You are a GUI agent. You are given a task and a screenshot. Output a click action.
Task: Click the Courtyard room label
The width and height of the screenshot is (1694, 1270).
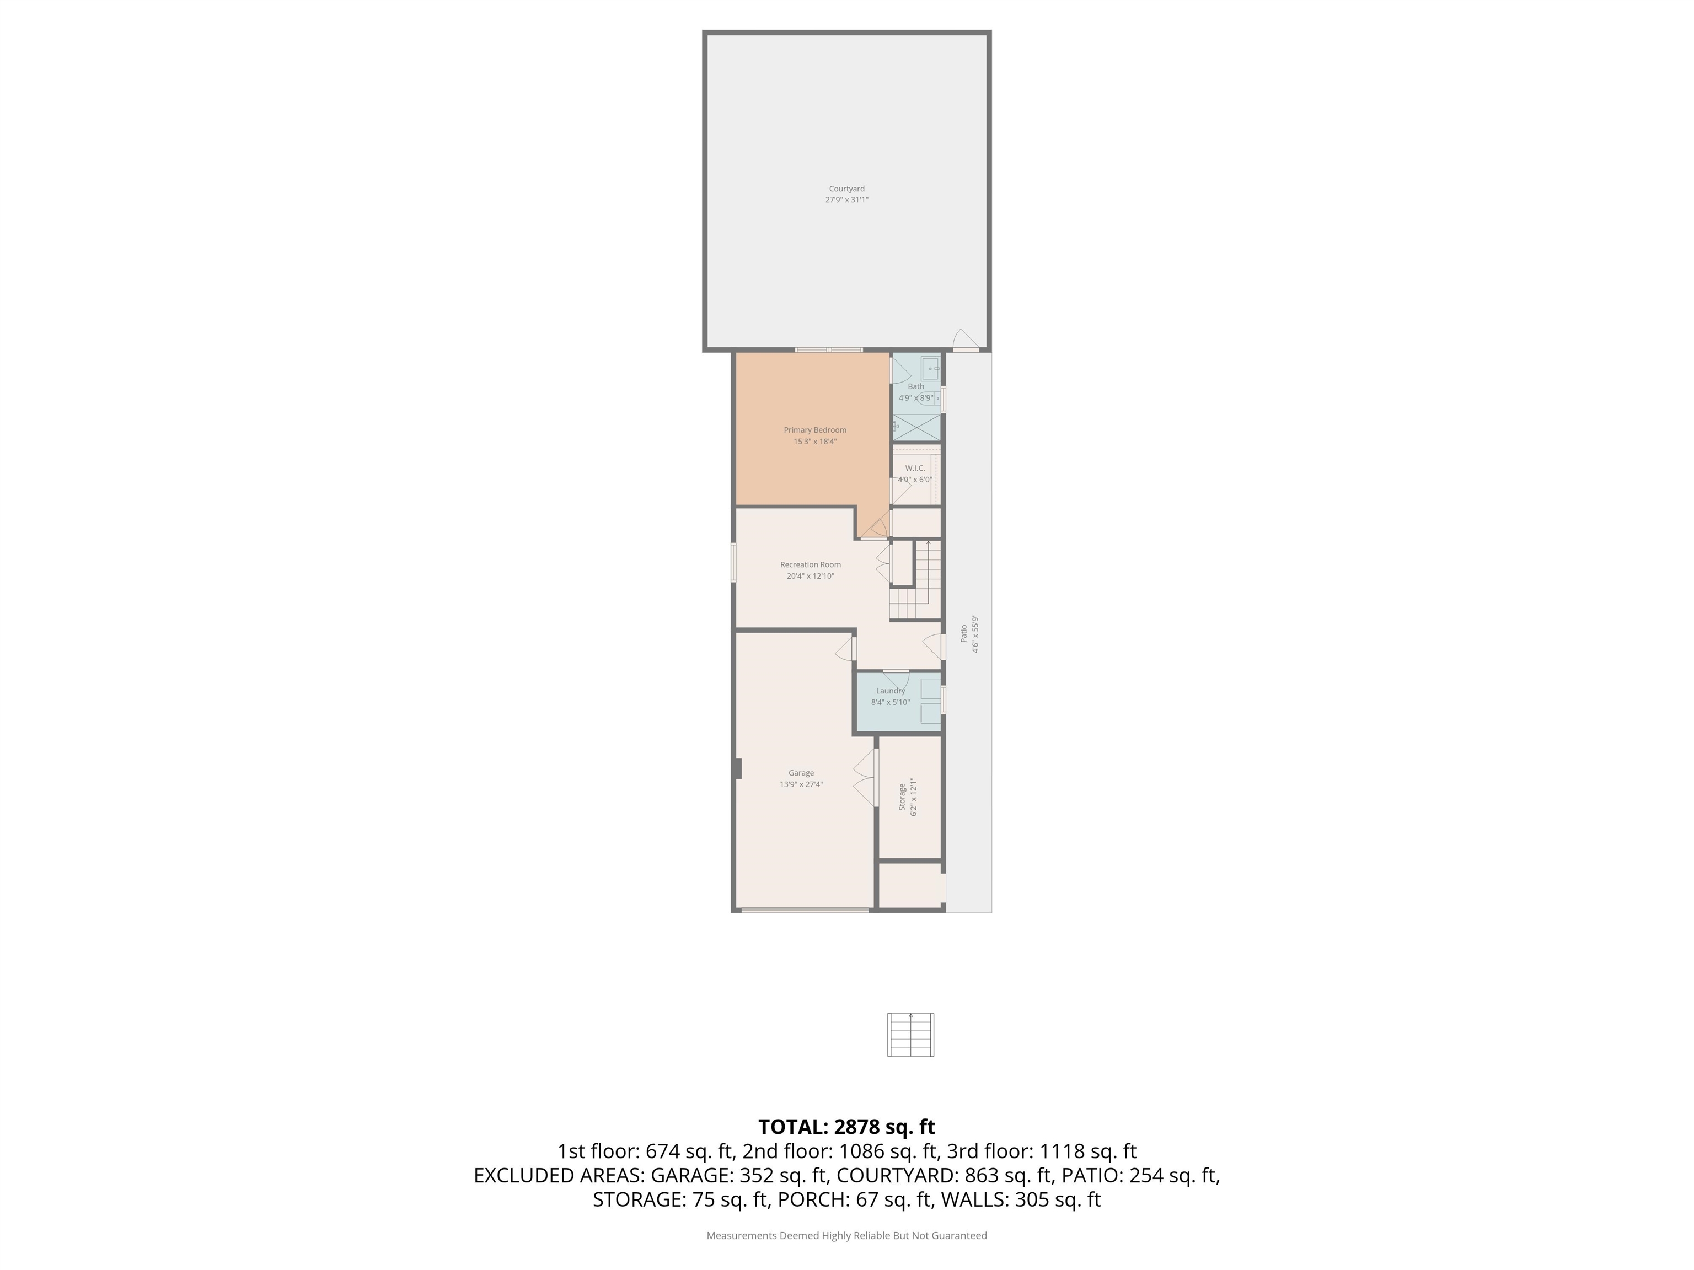point(846,189)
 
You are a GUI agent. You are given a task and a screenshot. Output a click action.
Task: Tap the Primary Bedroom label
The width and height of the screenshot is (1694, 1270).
point(815,430)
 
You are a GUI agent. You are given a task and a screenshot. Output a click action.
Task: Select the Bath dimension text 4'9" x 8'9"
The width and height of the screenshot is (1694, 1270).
point(916,398)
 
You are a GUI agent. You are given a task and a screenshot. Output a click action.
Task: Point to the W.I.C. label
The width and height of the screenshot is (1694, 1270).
point(915,468)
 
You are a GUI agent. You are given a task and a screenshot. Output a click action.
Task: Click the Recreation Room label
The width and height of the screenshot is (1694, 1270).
point(810,565)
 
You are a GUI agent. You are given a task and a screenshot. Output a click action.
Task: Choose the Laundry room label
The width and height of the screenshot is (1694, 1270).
point(891,691)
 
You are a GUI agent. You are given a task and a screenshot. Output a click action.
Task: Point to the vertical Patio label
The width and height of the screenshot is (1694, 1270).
point(963,633)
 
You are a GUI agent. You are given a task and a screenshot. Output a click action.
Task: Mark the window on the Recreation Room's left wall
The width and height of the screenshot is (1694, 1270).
point(733,563)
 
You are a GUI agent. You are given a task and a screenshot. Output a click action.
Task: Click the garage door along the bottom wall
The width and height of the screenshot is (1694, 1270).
point(805,910)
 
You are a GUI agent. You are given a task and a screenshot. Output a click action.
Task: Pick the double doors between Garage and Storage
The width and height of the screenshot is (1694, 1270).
point(865,777)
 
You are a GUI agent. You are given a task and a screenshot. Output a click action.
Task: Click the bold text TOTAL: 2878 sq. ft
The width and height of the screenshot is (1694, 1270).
point(846,1127)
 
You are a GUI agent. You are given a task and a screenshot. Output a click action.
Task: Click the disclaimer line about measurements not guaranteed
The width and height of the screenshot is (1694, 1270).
point(846,1236)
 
